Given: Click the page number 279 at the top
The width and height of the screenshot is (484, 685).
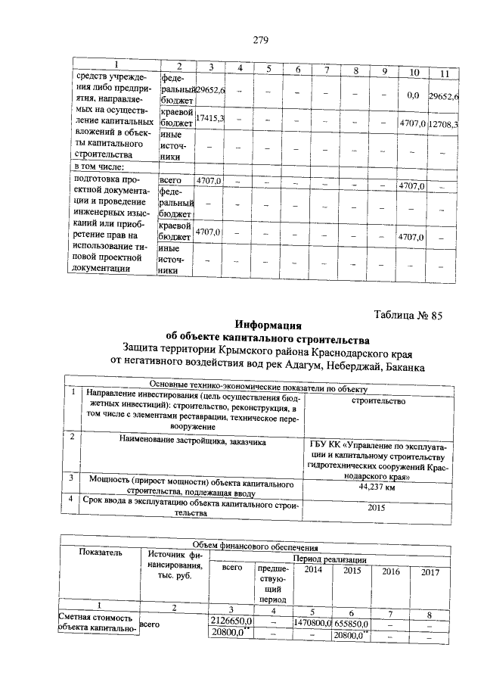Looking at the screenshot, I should [259, 40].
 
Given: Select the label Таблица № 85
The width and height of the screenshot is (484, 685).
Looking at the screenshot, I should [408, 316].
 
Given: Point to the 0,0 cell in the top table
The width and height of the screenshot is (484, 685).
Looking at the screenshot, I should [413, 96].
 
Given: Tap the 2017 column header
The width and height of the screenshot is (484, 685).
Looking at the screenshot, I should [430, 572].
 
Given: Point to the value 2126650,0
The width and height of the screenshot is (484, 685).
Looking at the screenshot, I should [230, 621].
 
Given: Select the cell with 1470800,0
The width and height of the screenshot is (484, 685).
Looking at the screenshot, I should [311, 621].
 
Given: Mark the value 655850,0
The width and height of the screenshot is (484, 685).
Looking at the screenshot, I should [354, 621].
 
